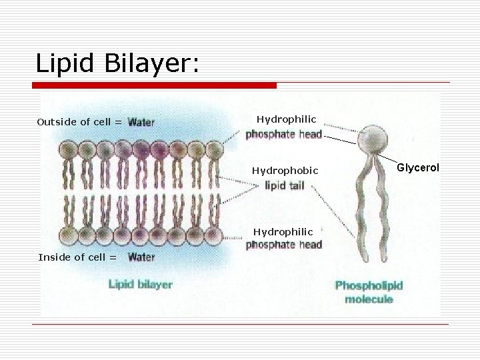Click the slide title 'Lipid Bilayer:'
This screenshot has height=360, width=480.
[117, 63]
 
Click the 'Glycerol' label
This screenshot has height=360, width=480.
[418, 167]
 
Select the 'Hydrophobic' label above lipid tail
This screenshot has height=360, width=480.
[285, 171]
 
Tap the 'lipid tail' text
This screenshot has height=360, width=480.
[285, 185]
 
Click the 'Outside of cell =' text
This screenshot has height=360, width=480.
[79, 122]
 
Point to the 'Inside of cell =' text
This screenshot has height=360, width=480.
[77, 257]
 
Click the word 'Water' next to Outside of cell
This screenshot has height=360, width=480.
[141, 122]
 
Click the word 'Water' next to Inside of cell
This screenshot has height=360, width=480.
[141, 257]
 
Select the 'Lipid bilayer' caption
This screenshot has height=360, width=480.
[140, 285]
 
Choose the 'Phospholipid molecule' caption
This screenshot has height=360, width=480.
[369, 292]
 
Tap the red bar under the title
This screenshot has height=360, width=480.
[155, 85]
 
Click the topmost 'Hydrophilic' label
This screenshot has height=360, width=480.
[287, 119]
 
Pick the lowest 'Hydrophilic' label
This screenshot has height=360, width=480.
[283, 231]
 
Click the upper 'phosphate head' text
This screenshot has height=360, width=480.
[283, 134]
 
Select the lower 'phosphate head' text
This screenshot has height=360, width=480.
[283, 245]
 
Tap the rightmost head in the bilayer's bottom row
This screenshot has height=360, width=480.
[213, 234]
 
